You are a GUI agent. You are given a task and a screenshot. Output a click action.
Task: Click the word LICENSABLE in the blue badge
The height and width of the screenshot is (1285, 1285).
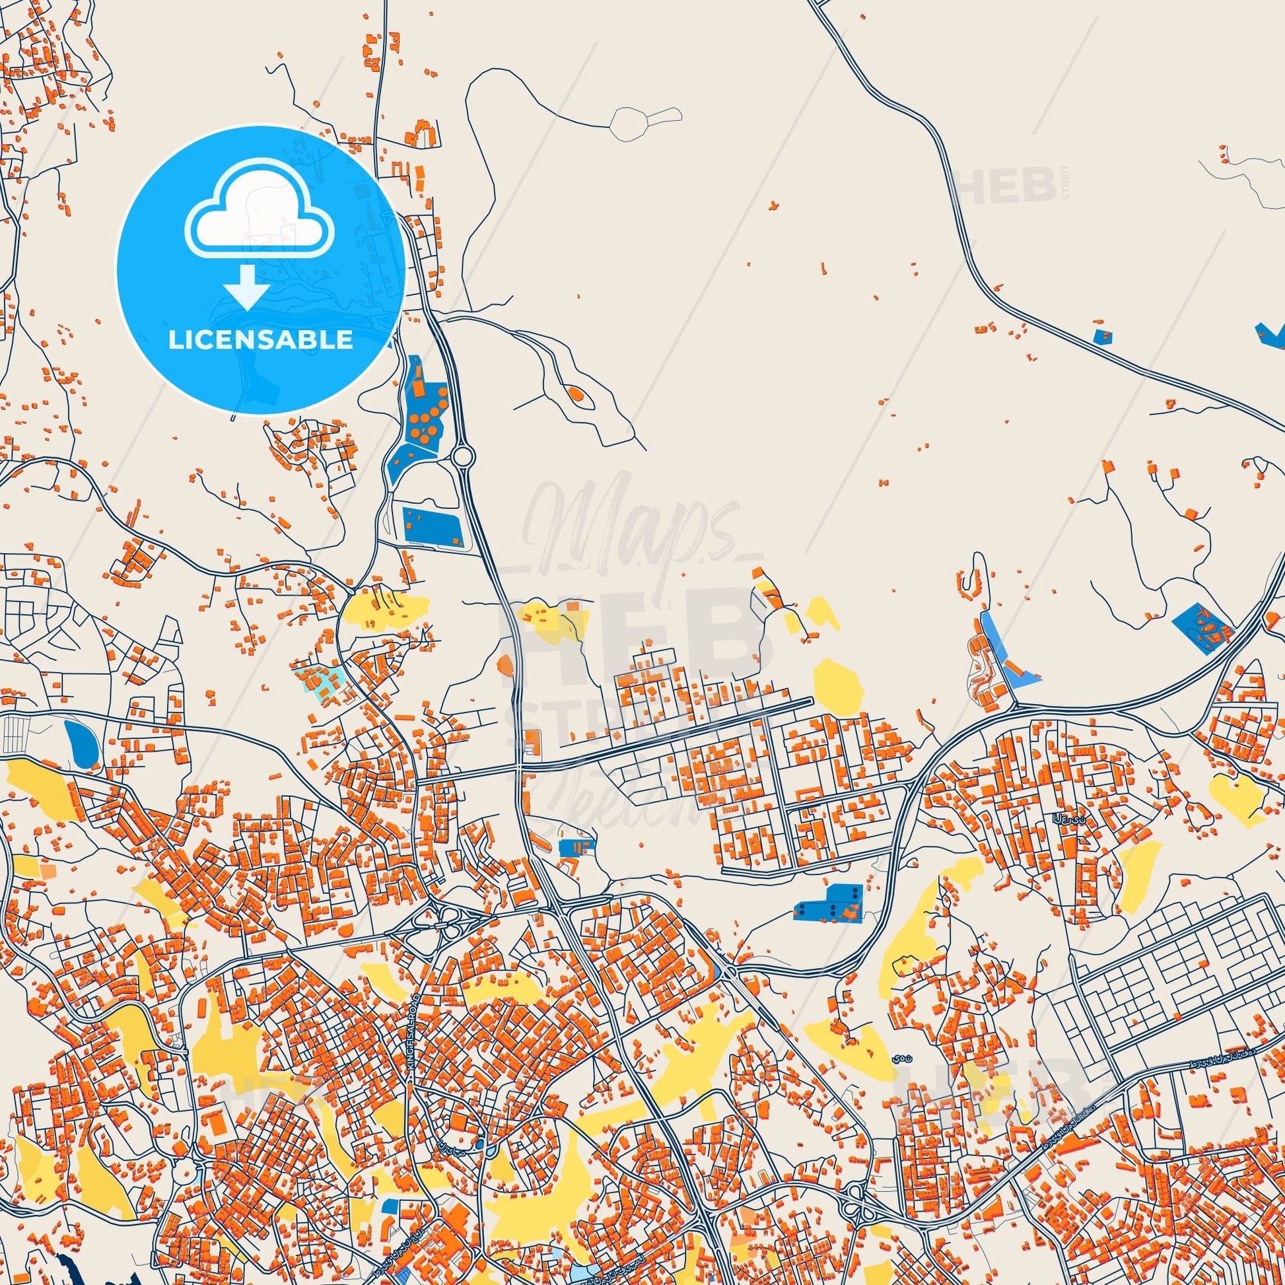(x=260, y=340)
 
